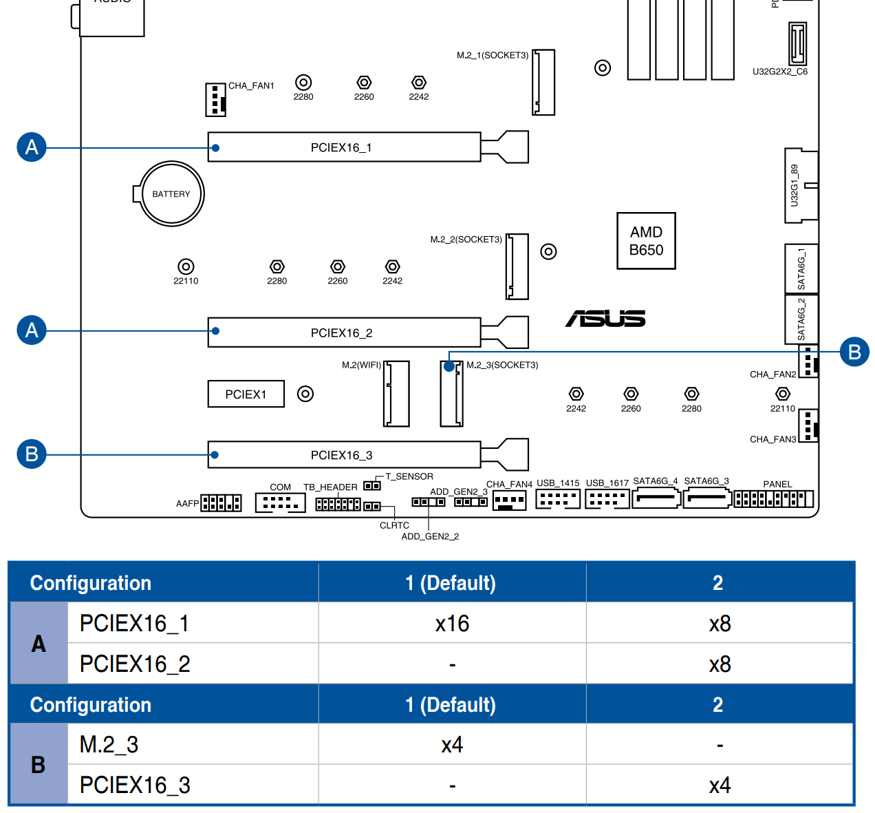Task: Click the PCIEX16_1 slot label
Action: point(341,147)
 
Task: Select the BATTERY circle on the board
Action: point(171,194)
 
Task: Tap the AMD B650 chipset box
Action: point(646,241)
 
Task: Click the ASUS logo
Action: point(605,319)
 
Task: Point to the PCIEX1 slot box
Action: point(246,394)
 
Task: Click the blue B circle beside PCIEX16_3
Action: point(32,454)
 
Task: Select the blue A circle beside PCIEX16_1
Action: point(32,147)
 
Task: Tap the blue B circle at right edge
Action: point(854,352)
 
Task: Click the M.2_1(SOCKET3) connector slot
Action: point(543,82)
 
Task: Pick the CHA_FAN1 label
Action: point(251,86)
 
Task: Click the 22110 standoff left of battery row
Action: point(186,266)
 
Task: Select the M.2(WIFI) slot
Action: point(396,393)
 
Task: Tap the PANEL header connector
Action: point(774,498)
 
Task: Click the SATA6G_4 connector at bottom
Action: point(656,498)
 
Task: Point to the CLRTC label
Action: point(394,525)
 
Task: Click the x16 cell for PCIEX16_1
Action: point(452,624)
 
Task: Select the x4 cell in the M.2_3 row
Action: point(452,745)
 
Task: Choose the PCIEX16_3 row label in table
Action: point(135,785)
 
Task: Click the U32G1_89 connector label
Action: point(795,185)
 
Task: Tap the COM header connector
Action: point(280,503)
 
